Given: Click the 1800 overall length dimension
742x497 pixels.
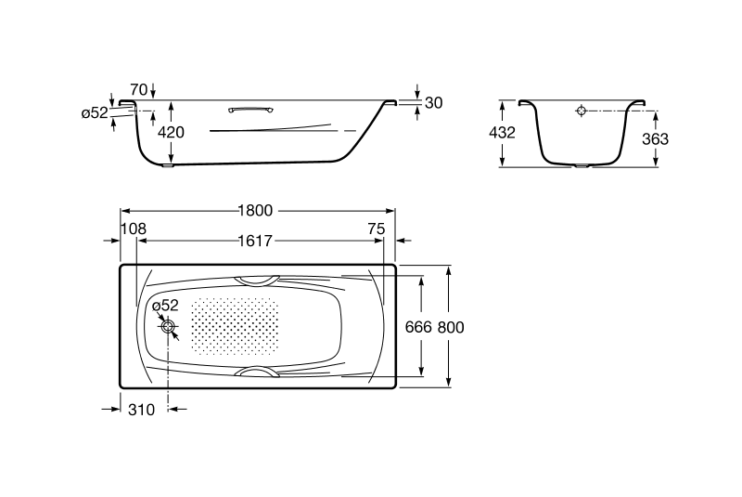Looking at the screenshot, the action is [x=256, y=210].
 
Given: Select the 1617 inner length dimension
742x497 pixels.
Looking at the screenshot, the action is [x=256, y=242].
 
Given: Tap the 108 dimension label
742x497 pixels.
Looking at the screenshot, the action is [x=134, y=229].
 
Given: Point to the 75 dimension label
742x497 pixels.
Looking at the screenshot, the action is [x=377, y=229].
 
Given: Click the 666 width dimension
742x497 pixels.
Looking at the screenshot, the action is [x=419, y=327].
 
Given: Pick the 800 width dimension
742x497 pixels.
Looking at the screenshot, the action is [x=451, y=327].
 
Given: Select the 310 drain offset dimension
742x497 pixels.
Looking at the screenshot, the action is [x=141, y=410].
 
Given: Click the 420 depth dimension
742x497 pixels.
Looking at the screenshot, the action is [x=171, y=132].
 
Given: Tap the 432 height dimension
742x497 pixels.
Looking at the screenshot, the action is [x=502, y=133].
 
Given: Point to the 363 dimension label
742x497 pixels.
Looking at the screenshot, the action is [x=656, y=138].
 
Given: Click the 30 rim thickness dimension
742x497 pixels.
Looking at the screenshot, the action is [x=433, y=103].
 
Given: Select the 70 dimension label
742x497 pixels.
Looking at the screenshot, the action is [x=138, y=89].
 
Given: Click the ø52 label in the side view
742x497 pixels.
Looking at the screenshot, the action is [x=95, y=112].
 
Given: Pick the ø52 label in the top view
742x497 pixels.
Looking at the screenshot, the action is [x=165, y=306].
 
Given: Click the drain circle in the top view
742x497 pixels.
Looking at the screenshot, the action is [x=168, y=326].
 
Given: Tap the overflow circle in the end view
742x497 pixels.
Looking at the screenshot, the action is [x=582, y=111].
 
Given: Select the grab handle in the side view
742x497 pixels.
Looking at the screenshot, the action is [x=250, y=111].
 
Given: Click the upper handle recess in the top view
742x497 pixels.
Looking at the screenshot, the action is [x=257, y=281].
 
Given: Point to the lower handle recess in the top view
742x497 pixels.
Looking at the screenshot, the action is [x=257, y=372].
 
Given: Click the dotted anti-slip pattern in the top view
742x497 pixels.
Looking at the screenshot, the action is [x=235, y=326].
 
